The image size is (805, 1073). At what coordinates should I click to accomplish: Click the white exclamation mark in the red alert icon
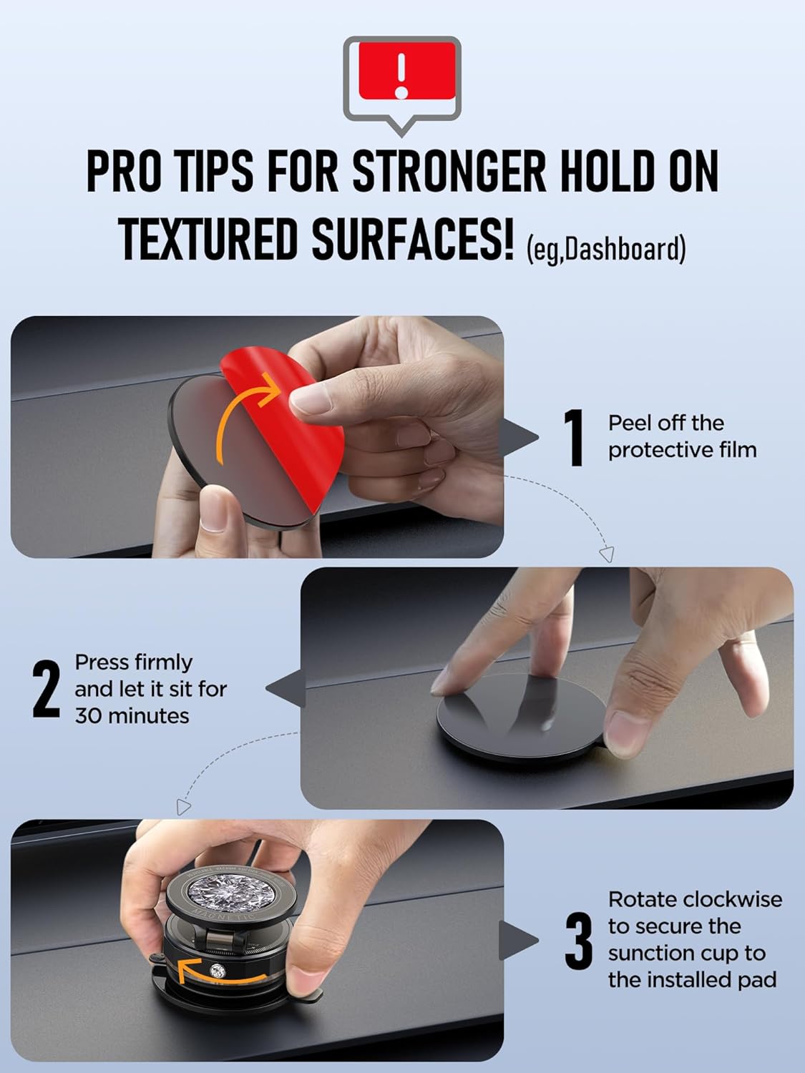click(401, 74)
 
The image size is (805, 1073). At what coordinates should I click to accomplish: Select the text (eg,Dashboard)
click(606, 248)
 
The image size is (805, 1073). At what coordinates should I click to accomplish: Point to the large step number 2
click(46, 690)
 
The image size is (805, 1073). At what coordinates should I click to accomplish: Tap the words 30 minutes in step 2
click(132, 716)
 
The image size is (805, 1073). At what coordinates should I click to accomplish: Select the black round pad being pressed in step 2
click(520, 716)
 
